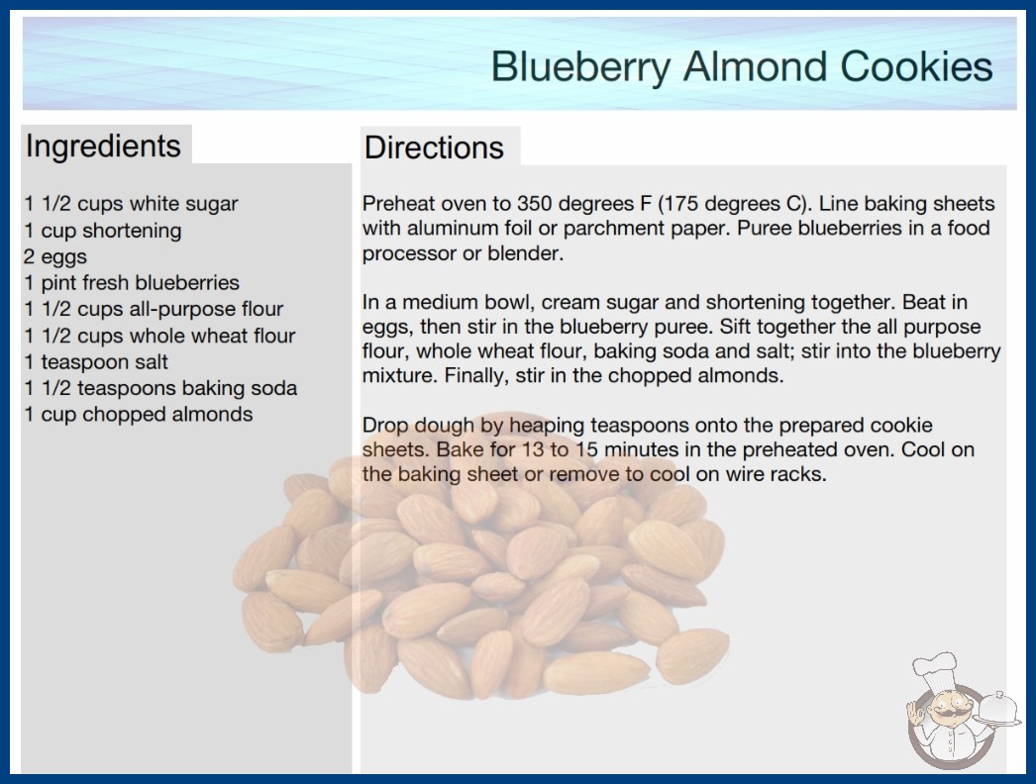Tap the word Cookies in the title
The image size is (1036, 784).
tap(916, 66)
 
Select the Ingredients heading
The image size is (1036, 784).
tap(103, 147)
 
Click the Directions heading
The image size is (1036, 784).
tap(434, 147)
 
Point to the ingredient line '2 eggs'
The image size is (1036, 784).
tap(55, 257)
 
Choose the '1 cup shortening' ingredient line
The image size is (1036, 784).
tap(103, 231)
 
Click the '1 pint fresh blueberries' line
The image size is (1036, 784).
tap(132, 283)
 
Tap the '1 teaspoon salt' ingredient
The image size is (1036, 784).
tap(96, 362)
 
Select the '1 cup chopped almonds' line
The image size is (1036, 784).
tap(139, 414)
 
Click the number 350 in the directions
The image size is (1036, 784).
tap(536, 204)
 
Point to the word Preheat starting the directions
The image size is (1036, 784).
tap(398, 204)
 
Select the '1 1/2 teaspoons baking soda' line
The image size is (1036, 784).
tap(160, 388)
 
